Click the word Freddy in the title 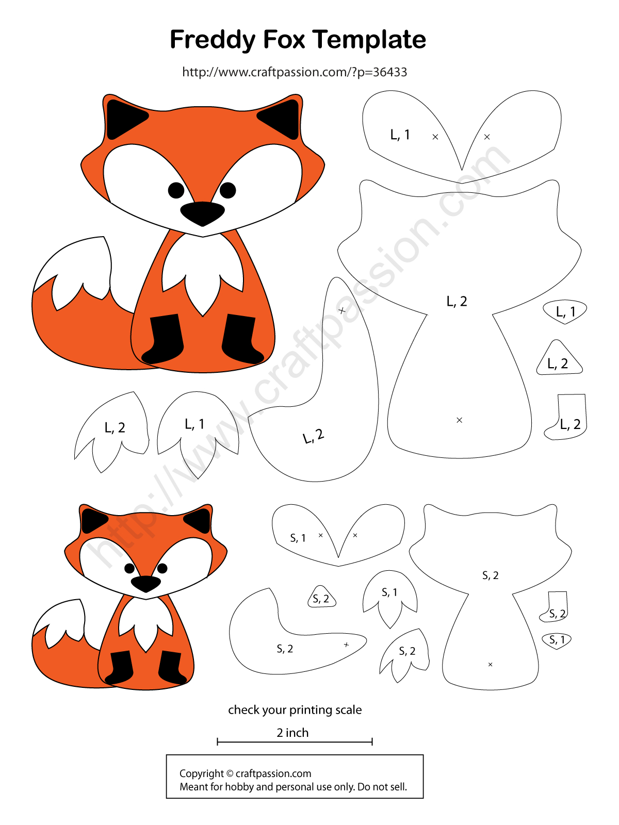tap(213, 40)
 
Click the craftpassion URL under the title tap(295, 72)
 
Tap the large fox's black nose tap(202, 213)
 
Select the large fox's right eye tap(227, 190)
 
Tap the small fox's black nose tap(146, 583)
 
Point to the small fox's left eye tap(129, 568)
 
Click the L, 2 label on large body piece tap(457, 302)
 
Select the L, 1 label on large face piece tap(400, 135)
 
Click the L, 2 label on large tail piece tap(314, 437)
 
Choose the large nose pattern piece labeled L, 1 tap(565, 311)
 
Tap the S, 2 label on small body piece tap(490, 575)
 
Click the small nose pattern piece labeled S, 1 tap(557, 640)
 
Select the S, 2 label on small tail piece tap(285, 649)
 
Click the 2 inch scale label tap(292, 733)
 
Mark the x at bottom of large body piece tap(459, 420)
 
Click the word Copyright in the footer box tap(201, 773)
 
